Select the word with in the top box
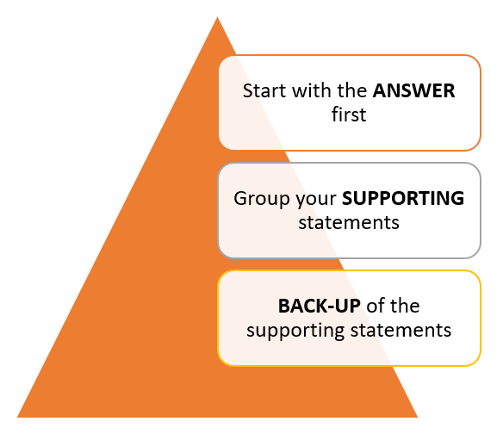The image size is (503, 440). tap(312, 90)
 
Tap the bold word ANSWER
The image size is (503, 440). tap(413, 90)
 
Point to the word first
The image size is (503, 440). tap(349, 115)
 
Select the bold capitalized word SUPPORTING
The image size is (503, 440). tap(403, 198)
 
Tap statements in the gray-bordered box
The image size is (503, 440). tap(349, 222)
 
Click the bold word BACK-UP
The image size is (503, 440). tap(320, 306)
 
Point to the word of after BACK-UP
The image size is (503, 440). tap(375, 306)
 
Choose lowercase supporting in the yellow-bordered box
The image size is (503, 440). tap(295, 331)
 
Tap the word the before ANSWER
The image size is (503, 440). tap(352, 90)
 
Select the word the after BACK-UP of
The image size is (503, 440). tap(404, 306)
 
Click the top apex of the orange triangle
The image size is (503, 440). tap(217, 16)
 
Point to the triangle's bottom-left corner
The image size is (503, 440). tap(17, 418)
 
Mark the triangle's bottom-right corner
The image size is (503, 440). tap(418, 418)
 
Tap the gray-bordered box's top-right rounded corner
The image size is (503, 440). tap(476, 168)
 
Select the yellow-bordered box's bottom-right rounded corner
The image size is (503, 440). tap(476, 361)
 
